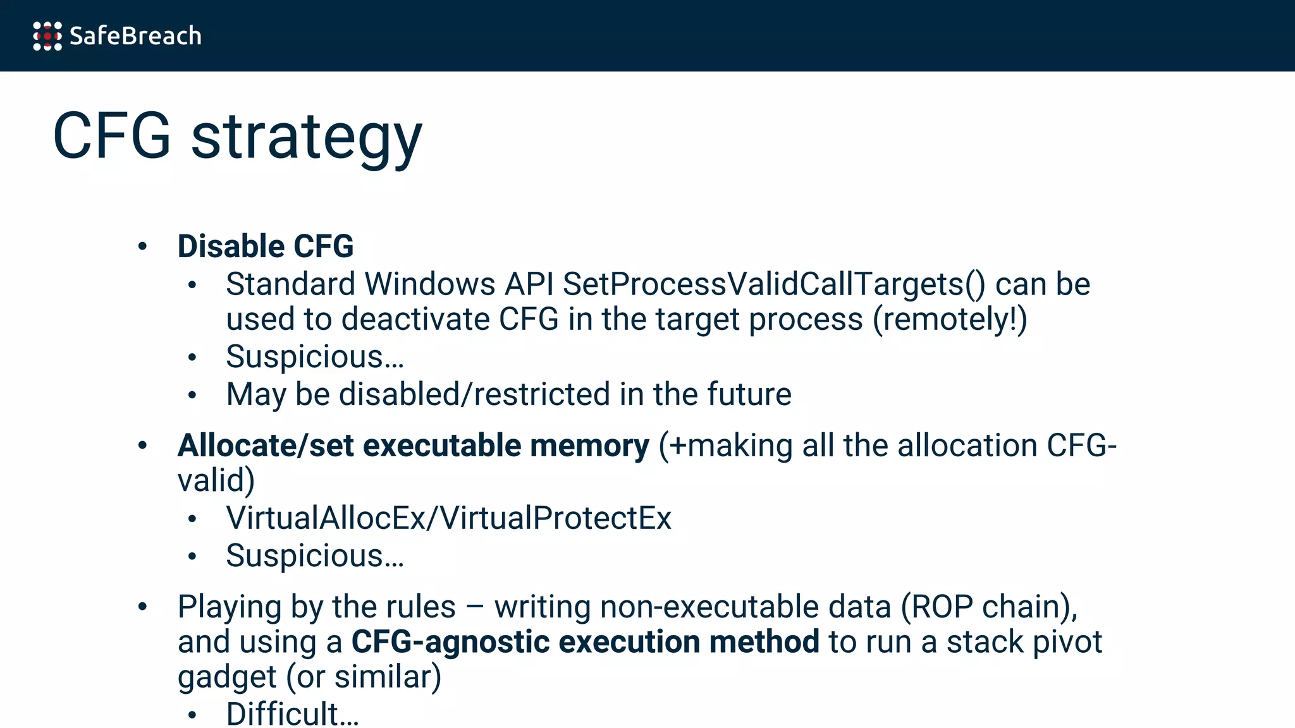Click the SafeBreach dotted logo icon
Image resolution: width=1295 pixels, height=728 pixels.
(47, 36)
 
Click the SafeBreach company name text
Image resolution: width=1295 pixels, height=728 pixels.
(135, 36)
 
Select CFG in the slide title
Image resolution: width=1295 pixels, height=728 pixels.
(112, 136)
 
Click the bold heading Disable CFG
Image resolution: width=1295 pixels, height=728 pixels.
(266, 246)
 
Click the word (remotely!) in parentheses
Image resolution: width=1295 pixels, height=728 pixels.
(950, 319)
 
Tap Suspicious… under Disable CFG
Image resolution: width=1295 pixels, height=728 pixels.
(315, 357)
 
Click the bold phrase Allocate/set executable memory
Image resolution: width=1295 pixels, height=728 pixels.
(413, 446)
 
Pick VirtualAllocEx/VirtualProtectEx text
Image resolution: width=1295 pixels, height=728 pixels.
(448, 518)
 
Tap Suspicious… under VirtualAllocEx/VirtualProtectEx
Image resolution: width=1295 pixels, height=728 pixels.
(315, 556)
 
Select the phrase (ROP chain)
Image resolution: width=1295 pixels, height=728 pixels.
(989, 607)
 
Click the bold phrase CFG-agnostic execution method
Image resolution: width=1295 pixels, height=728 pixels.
(585, 642)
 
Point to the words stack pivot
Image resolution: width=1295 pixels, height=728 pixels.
(1024, 642)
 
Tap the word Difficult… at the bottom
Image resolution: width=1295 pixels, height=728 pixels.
(292, 714)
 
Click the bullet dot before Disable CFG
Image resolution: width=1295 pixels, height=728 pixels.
(143, 246)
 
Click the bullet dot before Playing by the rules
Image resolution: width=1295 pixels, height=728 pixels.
(143, 607)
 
